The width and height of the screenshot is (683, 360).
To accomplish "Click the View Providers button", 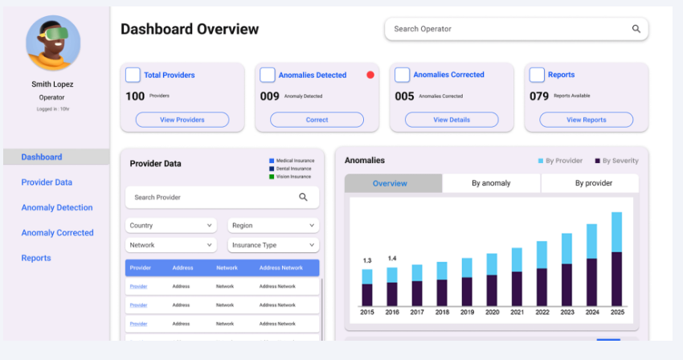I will coord(182,120).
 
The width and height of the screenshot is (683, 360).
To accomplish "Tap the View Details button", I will coord(451,120).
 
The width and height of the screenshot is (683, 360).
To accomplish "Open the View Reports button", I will coord(586,120).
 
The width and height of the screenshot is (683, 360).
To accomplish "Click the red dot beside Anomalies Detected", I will coord(370,75).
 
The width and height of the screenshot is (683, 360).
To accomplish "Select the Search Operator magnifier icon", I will coord(636,29).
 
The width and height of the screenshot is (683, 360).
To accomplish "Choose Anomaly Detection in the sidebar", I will coord(57,207).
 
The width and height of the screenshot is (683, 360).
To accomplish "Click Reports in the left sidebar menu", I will coord(36,258).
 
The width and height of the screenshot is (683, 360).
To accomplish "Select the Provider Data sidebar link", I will coord(47,182).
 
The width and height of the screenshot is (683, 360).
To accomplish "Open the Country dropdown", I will coord(170,226).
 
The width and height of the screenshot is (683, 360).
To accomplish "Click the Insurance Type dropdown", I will coord(273,245).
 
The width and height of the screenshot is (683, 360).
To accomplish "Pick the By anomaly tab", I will coord(491,183).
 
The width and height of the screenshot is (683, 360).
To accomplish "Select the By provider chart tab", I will coord(593,183).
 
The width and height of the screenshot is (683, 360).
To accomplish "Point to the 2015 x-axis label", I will coord(367,312).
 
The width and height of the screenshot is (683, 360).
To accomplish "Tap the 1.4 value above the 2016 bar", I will coord(392,259).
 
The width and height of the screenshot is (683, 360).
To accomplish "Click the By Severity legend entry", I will coord(616,161).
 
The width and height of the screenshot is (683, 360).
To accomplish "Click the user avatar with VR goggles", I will coord(53,43).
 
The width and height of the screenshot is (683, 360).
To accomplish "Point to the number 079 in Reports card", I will coord(539,96).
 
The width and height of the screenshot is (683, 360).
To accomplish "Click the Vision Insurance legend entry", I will coord(293,176).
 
